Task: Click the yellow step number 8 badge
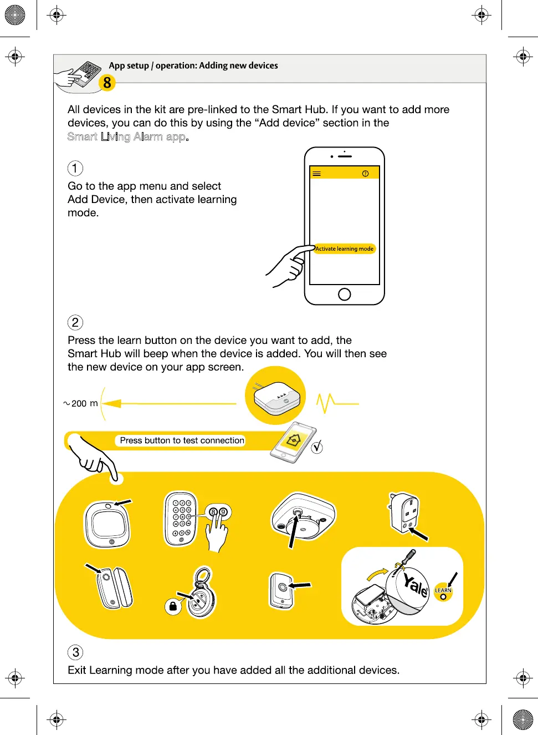107,83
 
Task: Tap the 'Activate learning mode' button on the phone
345,249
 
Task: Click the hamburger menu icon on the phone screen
316,174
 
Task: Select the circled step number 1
75,168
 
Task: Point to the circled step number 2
75,322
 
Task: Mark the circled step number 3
76,652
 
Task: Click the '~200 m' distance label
81,403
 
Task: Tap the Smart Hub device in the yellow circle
276,397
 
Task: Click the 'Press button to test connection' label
182,440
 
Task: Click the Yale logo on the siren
416,586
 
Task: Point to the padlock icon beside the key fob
173,606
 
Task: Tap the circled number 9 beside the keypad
223,512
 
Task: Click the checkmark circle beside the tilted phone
317,447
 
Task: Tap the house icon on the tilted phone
294,440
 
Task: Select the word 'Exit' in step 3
77,670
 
